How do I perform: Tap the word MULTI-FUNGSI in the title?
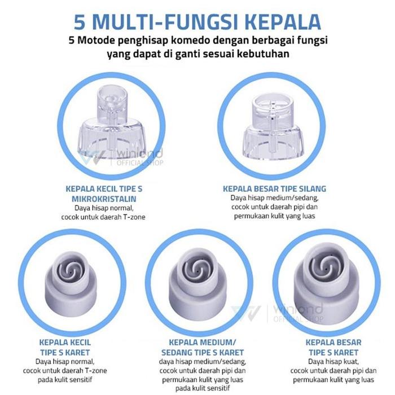pos(165,22)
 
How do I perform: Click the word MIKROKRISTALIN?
pos(104,199)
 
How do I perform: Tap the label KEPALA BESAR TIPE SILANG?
pos(274,188)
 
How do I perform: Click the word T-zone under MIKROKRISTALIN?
pos(134,217)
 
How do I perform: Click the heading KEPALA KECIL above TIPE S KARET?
pos(65,343)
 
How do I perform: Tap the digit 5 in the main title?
pos(80,22)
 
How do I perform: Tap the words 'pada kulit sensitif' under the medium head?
pos(203,388)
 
